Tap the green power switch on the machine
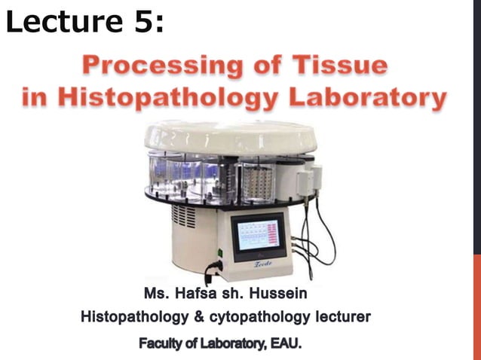219,252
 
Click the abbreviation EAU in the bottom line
286,344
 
